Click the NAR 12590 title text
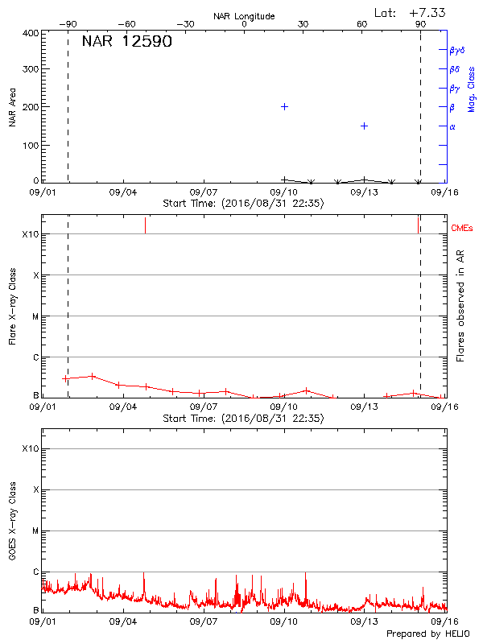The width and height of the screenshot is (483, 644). point(126,42)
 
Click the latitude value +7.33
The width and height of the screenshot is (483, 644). point(428,12)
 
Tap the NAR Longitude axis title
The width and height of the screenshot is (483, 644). point(244,16)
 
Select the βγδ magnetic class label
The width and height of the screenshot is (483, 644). point(457,50)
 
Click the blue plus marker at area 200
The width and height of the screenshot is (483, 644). point(284,106)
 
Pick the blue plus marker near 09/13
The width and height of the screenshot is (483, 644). point(364,126)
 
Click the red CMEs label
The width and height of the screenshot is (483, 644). point(463,229)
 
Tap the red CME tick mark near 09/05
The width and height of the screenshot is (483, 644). point(145,225)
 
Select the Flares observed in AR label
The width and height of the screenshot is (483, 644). point(460,305)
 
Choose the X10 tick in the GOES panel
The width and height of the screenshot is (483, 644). point(31,448)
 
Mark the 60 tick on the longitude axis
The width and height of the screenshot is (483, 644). point(361,24)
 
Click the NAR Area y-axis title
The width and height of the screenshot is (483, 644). point(13,107)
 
